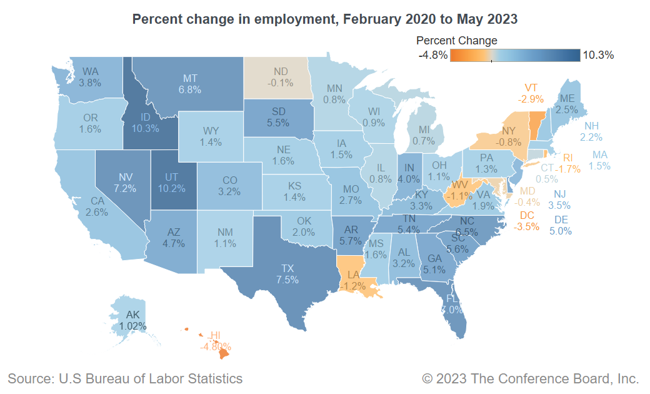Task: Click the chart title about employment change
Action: (x=325, y=19)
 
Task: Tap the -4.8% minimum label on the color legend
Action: (x=432, y=55)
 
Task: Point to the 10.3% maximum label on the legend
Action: (x=598, y=55)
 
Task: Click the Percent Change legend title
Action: (x=457, y=41)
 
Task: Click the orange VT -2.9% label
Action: (x=531, y=93)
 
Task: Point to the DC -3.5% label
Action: (x=526, y=221)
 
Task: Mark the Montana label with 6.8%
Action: (x=191, y=84)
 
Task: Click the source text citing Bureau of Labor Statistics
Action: (x=125, y=378)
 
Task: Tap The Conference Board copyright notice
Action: (x=531, y=378)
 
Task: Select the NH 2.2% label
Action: (x=591, y=131)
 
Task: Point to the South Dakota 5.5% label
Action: (x=279, y=118)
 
